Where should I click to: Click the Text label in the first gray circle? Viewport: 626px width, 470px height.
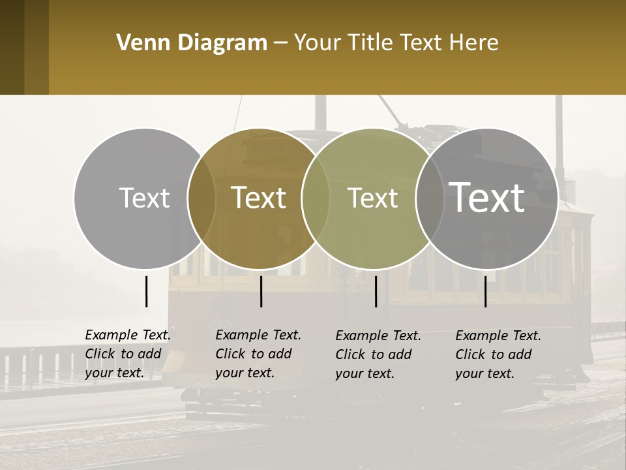(144, 198)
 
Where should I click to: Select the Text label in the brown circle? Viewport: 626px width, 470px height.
(258, 198)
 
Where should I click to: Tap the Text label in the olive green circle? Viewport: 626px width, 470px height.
(372, 198)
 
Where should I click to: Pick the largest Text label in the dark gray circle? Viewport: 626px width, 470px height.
(486, 197)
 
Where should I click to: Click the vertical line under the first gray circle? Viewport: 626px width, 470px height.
(146, 291)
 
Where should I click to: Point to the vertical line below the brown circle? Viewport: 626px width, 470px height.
(261, 291)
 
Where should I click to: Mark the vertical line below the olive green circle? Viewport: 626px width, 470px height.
(376, 291)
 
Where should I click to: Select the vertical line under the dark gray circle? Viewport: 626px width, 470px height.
(485, 291)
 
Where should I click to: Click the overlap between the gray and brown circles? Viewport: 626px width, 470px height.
(201, 198)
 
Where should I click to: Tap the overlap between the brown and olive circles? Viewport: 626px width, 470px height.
(316, 198)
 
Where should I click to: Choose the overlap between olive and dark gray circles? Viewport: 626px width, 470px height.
(430, 198)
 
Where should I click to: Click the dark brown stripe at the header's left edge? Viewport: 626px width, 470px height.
(12, 47)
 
